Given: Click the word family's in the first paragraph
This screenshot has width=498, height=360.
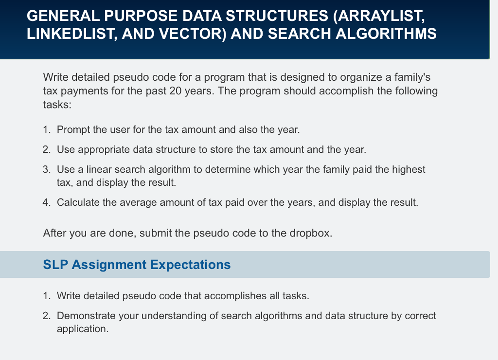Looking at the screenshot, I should point(412,77).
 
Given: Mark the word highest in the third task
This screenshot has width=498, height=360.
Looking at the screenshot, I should point(408,169).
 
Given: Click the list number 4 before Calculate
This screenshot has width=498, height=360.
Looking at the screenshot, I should point(46,202).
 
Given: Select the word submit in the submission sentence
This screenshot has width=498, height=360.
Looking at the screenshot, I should point(156,233).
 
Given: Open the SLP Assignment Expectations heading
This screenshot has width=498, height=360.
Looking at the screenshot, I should point(137,265).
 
